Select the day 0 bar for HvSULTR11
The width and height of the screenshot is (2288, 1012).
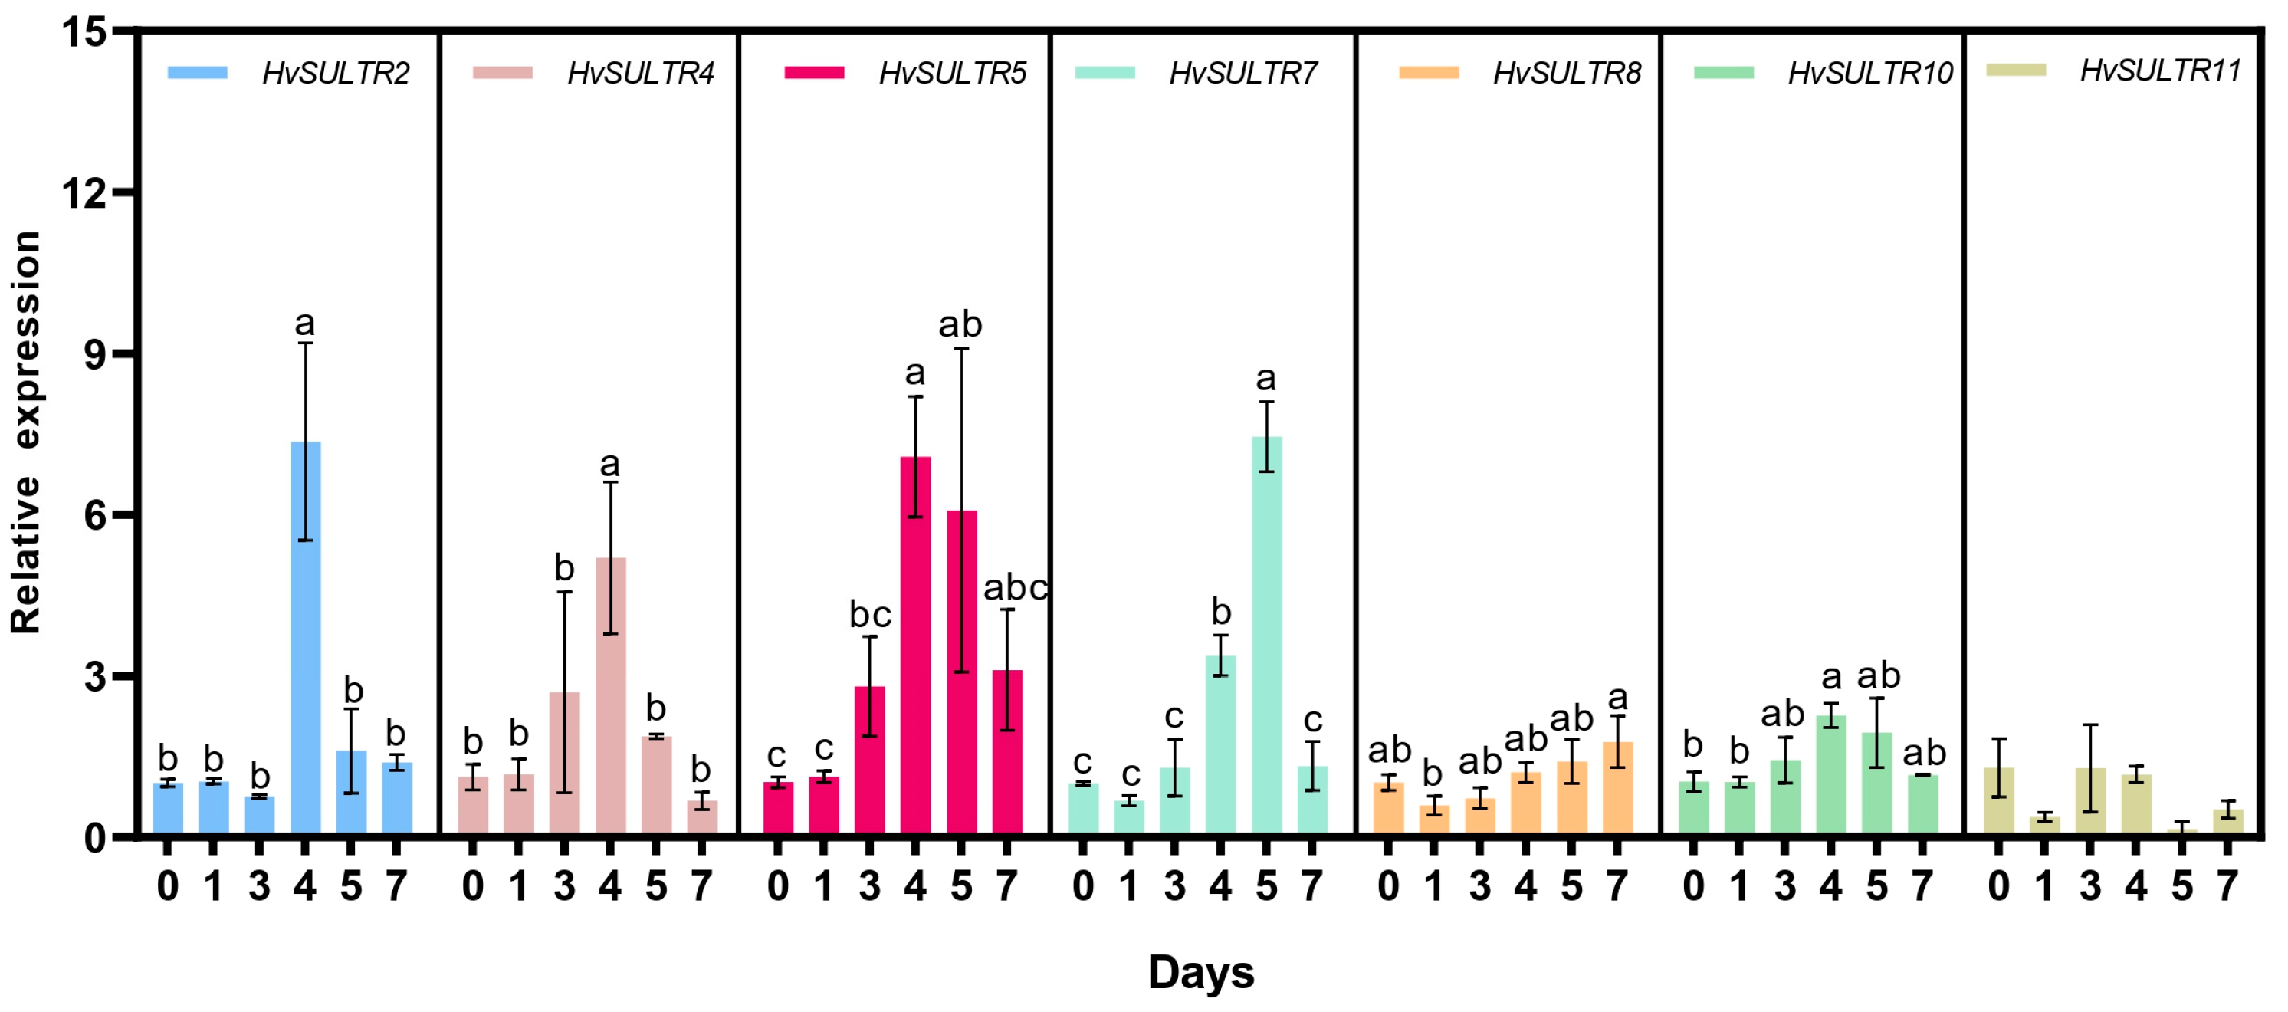pos(1998,800)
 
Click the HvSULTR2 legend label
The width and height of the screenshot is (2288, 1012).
pos(336,73)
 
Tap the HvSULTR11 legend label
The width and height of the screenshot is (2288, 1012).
pos(2160,71)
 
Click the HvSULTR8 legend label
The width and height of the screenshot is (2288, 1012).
pos(1567,73)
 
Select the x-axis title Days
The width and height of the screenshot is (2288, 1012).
pos(1201,971)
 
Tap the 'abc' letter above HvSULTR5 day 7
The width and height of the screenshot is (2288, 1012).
pos(1015,587)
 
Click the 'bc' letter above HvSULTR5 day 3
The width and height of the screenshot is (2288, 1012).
pos(869,614)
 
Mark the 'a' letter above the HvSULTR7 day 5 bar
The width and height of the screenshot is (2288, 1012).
pos(1265,379)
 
